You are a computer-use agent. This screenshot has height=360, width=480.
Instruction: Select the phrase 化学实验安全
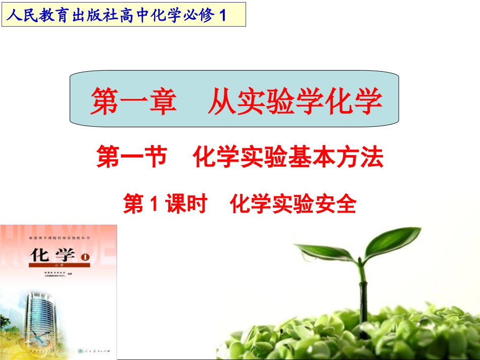pyautogui.click(x=293, y=204)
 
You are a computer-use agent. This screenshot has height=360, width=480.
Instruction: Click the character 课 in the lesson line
pyautogui.click(x=177, y=204)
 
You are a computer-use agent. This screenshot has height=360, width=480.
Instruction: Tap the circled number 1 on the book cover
pyautogui.click(x=84, y=258)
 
